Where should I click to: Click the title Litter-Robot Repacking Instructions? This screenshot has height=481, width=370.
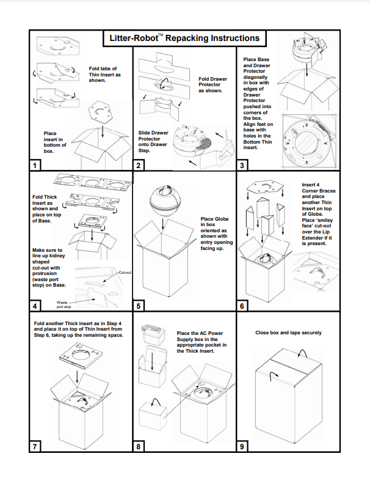[x=184, y=38]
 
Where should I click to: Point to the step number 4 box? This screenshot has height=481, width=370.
[x=35, y=306]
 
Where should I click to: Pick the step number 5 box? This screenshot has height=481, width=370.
[x=139, y=306]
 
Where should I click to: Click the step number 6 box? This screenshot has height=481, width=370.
[x=242, y=306]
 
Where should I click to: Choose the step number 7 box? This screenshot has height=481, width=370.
[x=35, y=447]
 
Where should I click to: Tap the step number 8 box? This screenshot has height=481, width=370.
[x=139, y=447]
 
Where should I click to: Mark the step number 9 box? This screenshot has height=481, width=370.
[x=242, y=447]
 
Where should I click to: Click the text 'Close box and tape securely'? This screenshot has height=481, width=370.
[x=288, y=333]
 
